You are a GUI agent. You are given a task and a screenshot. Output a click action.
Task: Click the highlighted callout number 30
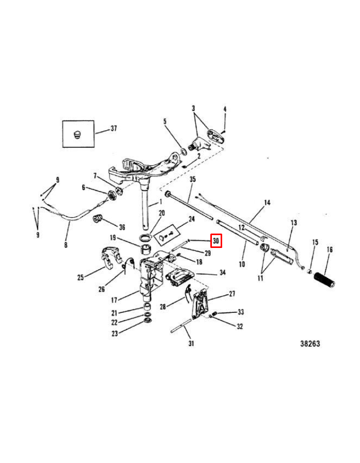click(216, 240)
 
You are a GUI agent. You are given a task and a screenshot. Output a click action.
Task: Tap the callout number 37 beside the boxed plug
click(114, 128)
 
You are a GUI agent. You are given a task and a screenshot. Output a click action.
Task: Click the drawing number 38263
click(310, 344)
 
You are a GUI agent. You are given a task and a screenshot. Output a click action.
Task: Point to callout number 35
click(193, 179)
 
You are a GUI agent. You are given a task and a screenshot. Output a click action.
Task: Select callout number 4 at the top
click(225, 109)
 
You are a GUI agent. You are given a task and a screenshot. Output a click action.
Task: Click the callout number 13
click(294, 223)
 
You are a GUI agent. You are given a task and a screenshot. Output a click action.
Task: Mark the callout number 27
click(231, 294)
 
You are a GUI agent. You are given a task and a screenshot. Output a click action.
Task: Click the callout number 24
click(191, 219)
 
